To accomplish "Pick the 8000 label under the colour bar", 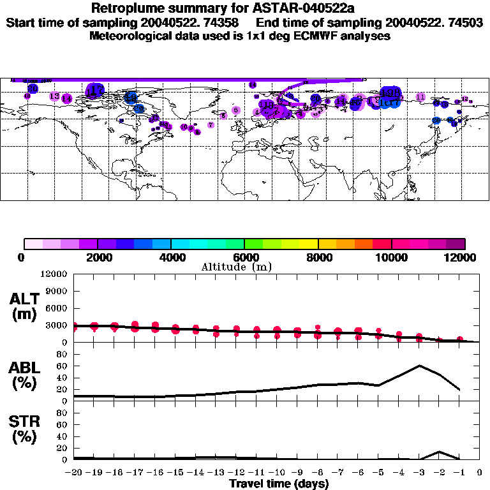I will click(318, 257).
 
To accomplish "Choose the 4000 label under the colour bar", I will click(170, 257).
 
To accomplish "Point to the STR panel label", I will click(26, 421).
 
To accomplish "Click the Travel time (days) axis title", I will click(279, 484).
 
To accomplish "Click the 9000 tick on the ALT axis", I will click(57, 291).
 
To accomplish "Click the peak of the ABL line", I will click(420, 366).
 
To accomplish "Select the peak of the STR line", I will click(440, 452).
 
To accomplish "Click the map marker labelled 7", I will click(211, 125).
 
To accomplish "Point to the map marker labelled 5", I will click(236, 110).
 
